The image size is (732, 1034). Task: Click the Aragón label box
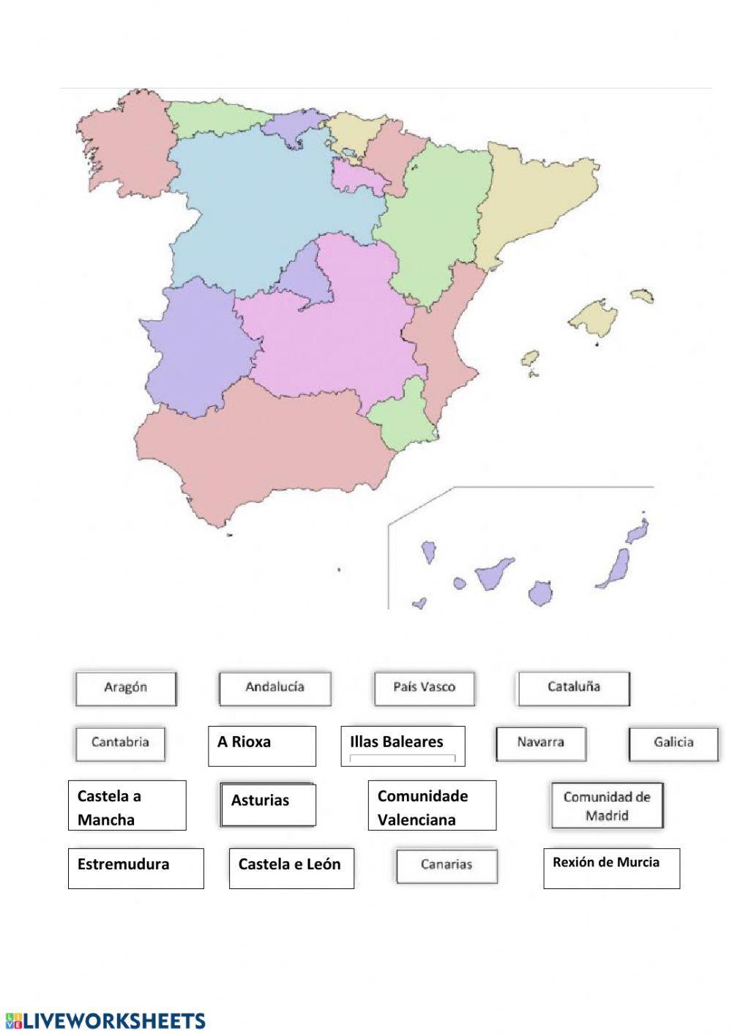point(125,688)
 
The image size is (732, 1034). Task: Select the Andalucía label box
point(274,688)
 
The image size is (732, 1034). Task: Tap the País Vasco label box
point(424,688)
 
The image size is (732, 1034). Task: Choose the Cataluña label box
point(573,688)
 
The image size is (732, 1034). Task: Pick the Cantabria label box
point(120,743)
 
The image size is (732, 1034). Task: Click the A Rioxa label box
point(261,746)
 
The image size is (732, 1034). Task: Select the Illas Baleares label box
point(403,746)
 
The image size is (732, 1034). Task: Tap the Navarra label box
point(540,743)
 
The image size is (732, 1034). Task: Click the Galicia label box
point(673,743)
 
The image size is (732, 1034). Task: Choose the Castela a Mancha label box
point(127,806)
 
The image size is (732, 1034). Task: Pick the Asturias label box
point(268,804)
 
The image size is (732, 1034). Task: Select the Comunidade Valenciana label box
point(432,806)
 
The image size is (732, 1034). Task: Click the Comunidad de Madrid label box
point(607,806)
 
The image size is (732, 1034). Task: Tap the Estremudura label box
point(135,869)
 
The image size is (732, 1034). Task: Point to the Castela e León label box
point(291,869)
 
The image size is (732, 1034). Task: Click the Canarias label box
point(447,866)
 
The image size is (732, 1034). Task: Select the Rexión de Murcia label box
point(611,869)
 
